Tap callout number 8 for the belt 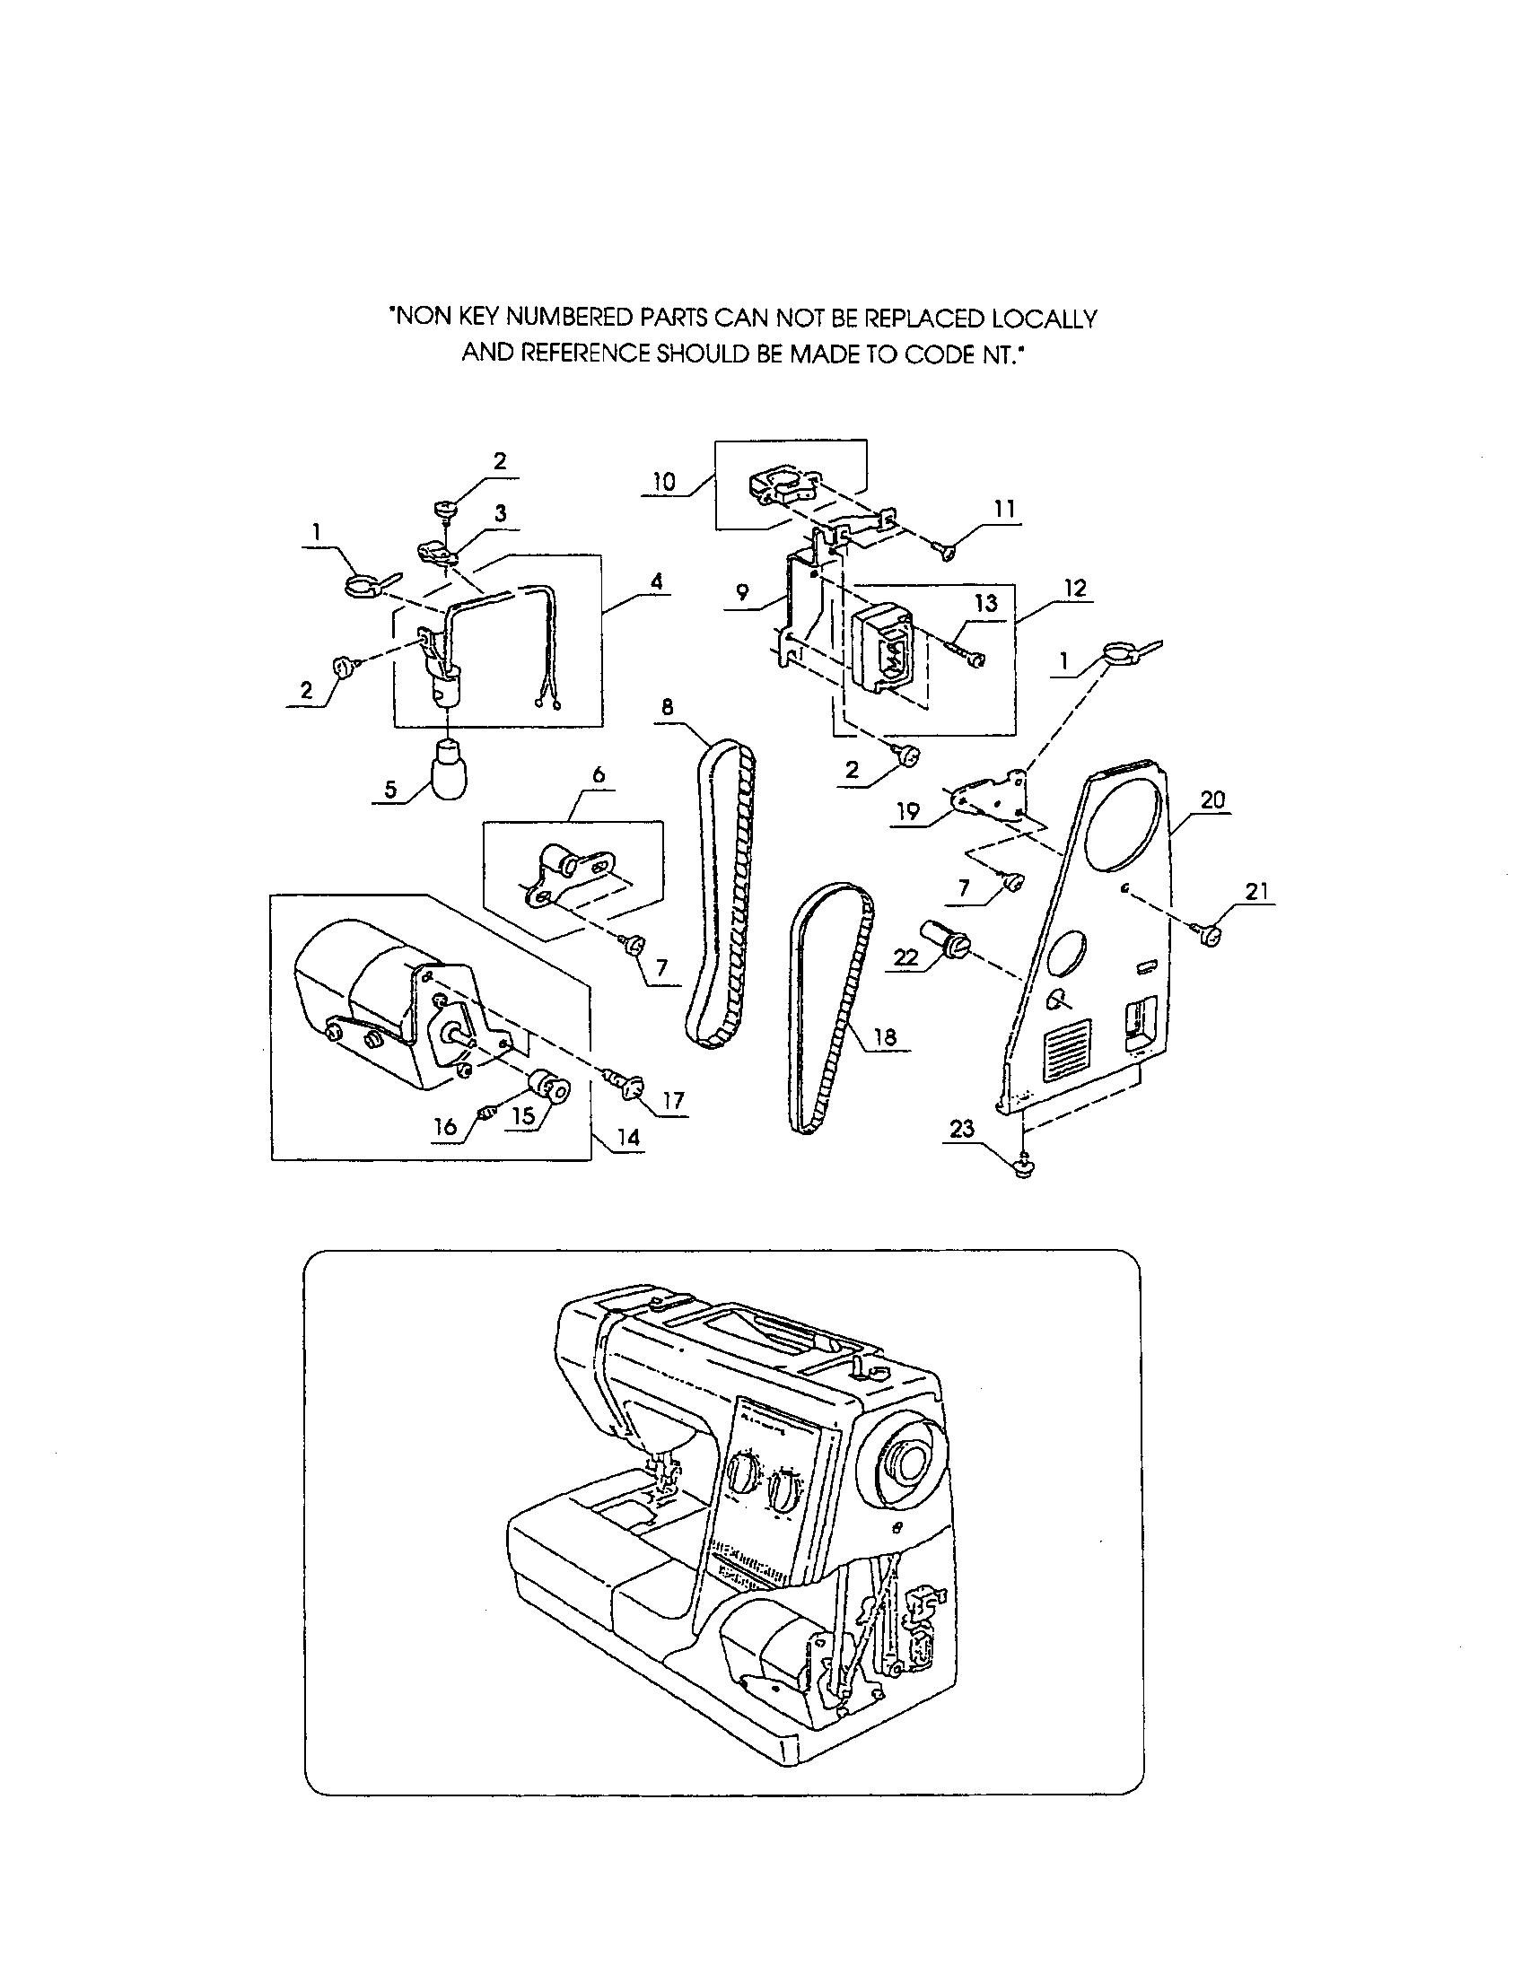(667, 708)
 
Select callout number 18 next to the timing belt (885, 1036)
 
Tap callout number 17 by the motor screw (672, 1100)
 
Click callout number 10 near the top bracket (664, 482)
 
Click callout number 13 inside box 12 (985, 603)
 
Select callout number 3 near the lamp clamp (500, 514)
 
